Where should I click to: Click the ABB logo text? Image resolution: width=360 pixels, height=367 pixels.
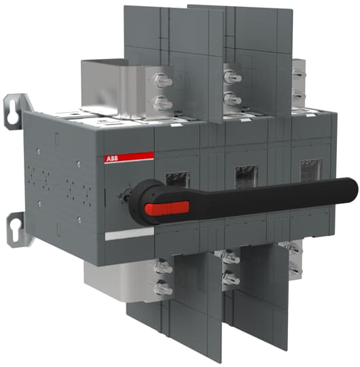click(112, 159)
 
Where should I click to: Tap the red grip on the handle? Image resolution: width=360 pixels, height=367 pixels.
click(167, 208)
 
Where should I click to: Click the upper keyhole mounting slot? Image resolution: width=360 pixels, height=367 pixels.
click(11, 113)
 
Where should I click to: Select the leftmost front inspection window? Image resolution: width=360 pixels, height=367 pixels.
click(177, 179)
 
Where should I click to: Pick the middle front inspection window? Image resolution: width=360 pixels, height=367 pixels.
click(246, 175)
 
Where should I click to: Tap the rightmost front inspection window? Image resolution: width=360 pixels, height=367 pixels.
click(311, 170)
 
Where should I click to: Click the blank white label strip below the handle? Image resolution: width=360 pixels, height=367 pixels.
click(129, 234)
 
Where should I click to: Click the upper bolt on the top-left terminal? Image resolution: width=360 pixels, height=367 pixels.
click(163, 80)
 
